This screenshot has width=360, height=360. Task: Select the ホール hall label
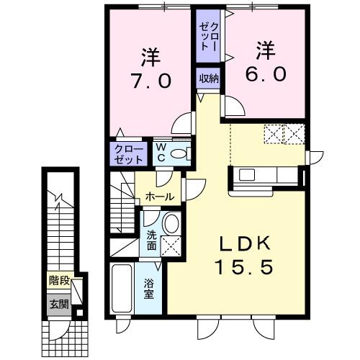(x=159, y=197)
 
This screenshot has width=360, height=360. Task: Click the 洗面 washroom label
(x=152, y=240)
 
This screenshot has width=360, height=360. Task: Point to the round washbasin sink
(x=171, y=224)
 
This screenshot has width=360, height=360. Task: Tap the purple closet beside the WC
(x=127, y=153)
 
